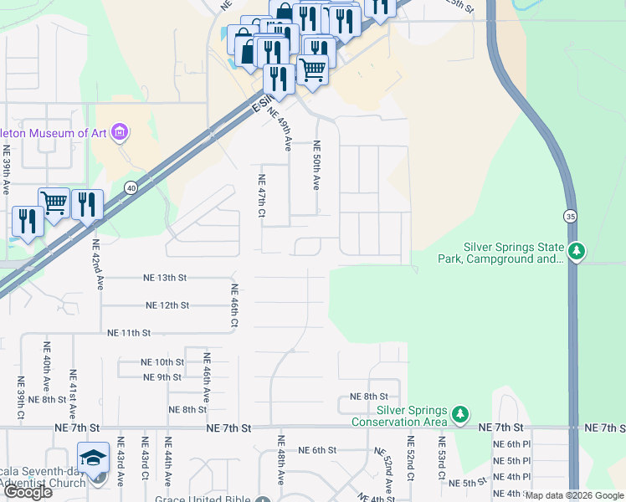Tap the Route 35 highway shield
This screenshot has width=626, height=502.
click(569, 215)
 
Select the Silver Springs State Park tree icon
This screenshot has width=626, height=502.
click(576, 250)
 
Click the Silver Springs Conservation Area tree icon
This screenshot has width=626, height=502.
click(459, 414)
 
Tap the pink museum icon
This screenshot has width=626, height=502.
click(120, 132)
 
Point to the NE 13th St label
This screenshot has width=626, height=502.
click(165, 278)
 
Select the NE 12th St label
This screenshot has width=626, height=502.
click(167, 305)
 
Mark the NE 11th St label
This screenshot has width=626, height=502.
click(129, 333)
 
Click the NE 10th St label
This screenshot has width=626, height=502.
click(163, 362)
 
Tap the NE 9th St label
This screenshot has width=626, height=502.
click(162, 377)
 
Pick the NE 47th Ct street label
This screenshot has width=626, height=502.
click(261, 197)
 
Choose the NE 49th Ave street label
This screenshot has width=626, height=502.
click(280, 130)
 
